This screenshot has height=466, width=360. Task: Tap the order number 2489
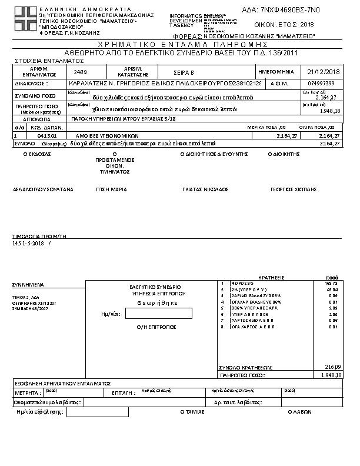pyautogui.click(x=81, y=71)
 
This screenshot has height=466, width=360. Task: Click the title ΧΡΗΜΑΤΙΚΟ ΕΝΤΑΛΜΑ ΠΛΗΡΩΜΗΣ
pyautogui.click(x=179, y=45)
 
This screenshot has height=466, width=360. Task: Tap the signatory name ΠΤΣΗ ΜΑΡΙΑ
pyautogui.click(x=112, y=189)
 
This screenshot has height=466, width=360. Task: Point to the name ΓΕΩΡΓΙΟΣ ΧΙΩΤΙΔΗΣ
pyautogui.click(x=294, y=189)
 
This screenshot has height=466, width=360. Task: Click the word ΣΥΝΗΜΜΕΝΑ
pyautogui.click(x=27, y=284)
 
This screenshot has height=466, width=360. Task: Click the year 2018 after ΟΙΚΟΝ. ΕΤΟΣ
pyautogui.click(x=307, y=25)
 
